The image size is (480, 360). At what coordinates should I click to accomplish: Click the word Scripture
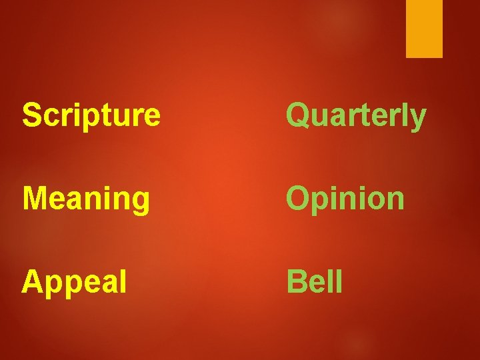pos(91,115)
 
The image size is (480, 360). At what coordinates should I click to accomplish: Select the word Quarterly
pos(356,116)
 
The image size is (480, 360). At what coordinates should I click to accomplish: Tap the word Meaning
pos(85,199)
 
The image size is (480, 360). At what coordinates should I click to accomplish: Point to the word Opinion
pos(345,199)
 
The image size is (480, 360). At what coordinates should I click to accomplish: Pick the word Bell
pos(315,281)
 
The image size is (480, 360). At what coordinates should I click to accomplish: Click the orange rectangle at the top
pos(425,28)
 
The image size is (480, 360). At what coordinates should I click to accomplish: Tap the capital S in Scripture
pos(31,115)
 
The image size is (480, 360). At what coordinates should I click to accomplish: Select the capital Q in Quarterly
pos(297,115)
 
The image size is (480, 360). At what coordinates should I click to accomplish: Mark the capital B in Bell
pos(295,281)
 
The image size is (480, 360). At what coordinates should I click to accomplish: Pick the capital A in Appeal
pos(31,281)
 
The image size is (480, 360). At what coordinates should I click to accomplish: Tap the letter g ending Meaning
pos(141,202)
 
